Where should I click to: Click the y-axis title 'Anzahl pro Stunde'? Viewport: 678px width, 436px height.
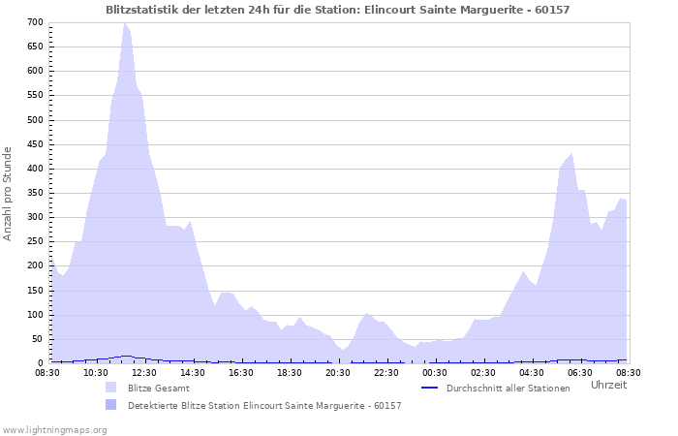tap(9, 193)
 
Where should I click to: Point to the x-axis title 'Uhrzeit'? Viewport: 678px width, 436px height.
tap(608, 385)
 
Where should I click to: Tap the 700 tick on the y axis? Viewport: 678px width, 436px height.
tap(35, 22)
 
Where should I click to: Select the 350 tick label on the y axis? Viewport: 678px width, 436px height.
tap(35, 193)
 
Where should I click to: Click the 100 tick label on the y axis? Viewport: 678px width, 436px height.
tap(35, 315)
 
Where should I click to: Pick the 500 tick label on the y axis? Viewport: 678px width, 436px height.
tap(35, 120)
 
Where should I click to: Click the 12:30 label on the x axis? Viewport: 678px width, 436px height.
tap(144, 372)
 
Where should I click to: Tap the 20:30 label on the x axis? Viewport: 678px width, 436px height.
tap(338, 372)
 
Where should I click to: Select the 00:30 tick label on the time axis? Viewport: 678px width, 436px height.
tap(435, 372)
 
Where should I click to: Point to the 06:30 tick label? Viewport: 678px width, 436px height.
tap(580, 372)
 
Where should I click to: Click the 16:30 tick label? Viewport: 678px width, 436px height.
tap(241, 372)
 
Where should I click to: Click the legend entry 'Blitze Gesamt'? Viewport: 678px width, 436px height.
tap(159, 388)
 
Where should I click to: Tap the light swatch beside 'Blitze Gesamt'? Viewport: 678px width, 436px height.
tap(111, 388)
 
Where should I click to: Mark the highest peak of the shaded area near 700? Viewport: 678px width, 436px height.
tap(124, 23)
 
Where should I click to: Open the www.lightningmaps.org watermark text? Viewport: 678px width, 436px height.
tap(54, 429)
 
